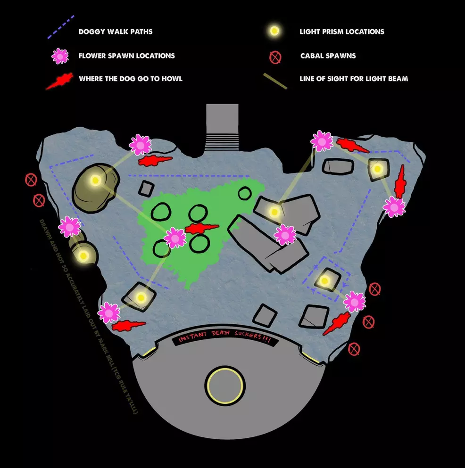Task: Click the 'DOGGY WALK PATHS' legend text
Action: [116, 32]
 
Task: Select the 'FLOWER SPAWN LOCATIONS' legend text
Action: [127, 56]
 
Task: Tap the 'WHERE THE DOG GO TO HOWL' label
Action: [131, 79]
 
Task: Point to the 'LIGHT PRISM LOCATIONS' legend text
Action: [342, 32]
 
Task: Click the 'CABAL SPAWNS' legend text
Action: [328, 56]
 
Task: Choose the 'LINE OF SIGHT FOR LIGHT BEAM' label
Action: [354, 79]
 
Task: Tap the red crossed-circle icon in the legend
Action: [275, 57]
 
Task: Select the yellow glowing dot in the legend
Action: [274, 32]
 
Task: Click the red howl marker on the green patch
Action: [202, 229]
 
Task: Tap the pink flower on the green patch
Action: [175, 238]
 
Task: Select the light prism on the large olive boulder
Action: [95, 180]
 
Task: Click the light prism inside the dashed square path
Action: [324, 281]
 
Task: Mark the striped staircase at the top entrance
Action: [223, 141]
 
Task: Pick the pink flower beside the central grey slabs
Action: [285, 234]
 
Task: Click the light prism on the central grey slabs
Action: [274, 212]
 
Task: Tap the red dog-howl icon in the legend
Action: [59, 81]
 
